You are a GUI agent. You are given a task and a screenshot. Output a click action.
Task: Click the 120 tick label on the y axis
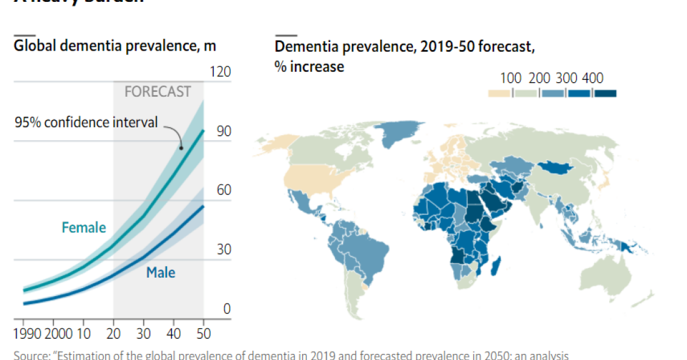[x=220, y=72]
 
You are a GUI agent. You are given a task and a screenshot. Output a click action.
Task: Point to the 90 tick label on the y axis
[x=224, y=132]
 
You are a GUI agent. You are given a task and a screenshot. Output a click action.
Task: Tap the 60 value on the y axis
[x=224, y=190]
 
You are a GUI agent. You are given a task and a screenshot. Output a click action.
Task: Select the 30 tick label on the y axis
[x=224, y=250]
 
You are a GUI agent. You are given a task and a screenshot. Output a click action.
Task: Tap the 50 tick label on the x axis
[x=203, y=333]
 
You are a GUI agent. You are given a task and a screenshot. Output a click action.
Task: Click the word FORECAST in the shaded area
[x=158, y=92]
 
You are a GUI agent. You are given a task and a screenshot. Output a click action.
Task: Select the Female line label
[x=84, y=228]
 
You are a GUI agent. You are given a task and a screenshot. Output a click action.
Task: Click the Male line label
[x=161, y=272]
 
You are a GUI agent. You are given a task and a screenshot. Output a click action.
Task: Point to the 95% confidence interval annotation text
[x=86, y=122]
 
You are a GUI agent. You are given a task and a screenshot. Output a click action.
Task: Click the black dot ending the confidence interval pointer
[x=181, y=147]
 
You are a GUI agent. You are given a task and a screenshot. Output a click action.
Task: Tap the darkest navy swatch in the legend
[x=605, y=93]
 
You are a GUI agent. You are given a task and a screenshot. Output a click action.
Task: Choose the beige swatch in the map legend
[x=499, y=93]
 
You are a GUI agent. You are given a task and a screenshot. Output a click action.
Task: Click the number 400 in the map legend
[x=593, y=78]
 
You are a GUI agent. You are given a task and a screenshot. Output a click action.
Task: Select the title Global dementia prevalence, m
[x=114, y=46]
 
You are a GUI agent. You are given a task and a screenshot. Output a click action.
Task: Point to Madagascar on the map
[x=496, y=266]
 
